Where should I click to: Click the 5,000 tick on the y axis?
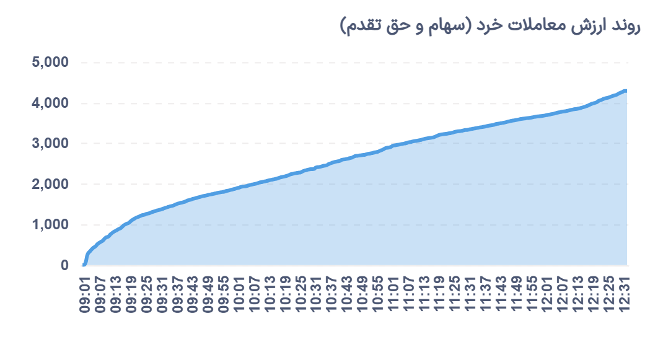coord(51,63)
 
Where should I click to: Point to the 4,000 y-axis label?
coord(51,103)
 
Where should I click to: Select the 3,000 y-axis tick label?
coord(51,144)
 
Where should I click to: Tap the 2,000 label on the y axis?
coord(51,184)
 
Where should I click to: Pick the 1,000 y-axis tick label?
coord(51,225)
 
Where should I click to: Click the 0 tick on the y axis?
coord(64,265)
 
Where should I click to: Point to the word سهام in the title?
coord(434,26)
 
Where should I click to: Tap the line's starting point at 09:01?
coord(84,265)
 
